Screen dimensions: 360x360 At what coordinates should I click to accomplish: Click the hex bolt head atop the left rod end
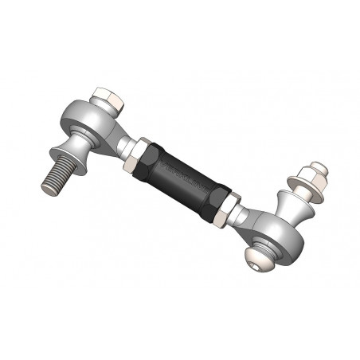click(x=106, y=100)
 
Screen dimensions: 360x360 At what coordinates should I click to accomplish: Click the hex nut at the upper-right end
click(x=311, y=176)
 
